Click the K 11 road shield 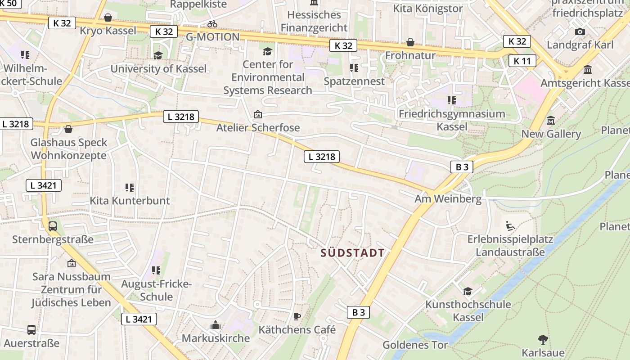pos(522,61)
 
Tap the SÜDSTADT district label pos(353,253)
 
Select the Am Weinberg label pos(448,198)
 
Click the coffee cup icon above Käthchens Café pos(297,316)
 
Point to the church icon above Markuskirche pos(216,325)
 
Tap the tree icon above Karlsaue pos(543,339)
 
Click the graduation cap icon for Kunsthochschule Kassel pos(468,291)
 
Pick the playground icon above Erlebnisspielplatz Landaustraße pos(510,225)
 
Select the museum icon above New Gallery pos(551,121)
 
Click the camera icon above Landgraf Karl pos(580,31)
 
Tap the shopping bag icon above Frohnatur pos(410,42)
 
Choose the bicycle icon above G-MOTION pos(212,24)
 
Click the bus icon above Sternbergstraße pos(53,226)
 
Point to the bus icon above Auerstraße pos(31,330)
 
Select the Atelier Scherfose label pos(258,127)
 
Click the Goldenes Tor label pos(415,345)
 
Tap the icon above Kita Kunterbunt pos(130,187)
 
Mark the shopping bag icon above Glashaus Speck pos(68,130)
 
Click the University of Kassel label pos(158,69)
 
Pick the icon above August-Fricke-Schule pos(156,270)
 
